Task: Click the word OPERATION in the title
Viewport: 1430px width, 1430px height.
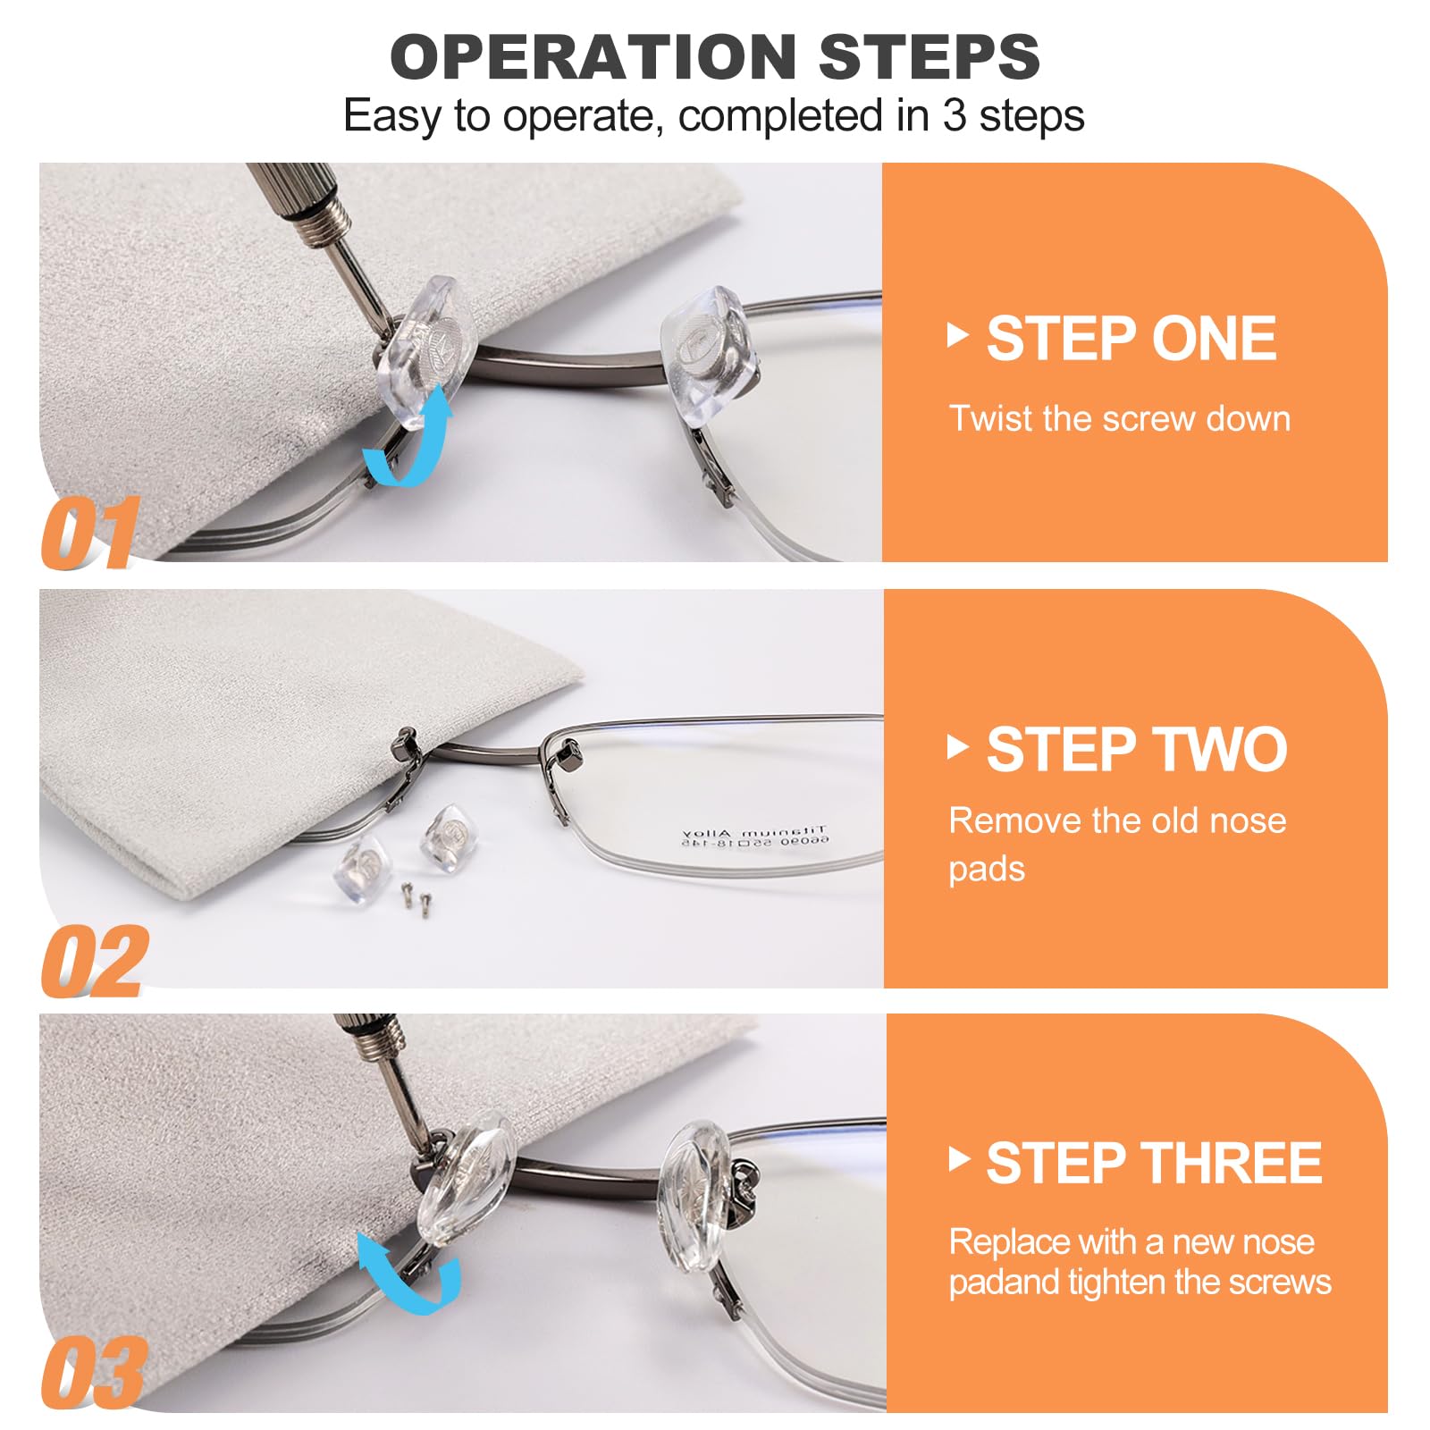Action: tap(593, 56)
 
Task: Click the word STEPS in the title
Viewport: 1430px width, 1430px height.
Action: tap(929, 56)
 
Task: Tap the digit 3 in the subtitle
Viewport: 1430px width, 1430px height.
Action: tap(954, 116)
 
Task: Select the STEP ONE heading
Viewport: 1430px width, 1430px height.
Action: tap(1131, 339)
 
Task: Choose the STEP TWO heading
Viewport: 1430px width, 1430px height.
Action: tap(1137, 749)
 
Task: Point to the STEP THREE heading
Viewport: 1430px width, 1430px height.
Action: tap(1154, 1163)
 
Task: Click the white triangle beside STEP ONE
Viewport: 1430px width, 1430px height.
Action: tap(958, 336)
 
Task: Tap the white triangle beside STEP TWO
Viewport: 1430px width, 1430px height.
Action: tap(958, 747)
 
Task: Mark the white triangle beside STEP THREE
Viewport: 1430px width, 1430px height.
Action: tap(959, 1159)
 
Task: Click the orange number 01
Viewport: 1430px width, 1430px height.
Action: tap(91, 533)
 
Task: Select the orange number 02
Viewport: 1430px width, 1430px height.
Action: tap(95, 961)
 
